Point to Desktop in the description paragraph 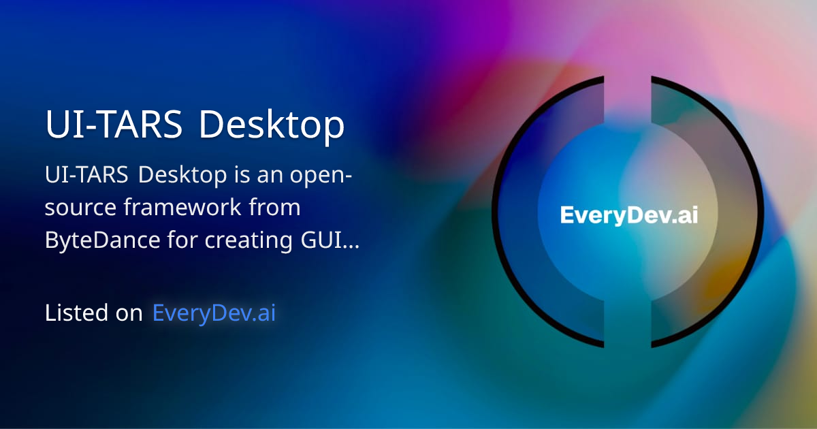tap(183, 175)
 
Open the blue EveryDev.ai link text tap(214, 313)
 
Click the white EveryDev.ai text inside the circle tap(629, 215)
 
